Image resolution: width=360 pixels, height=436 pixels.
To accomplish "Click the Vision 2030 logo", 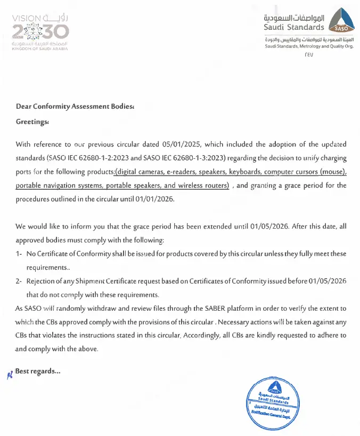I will (x=40, y=32).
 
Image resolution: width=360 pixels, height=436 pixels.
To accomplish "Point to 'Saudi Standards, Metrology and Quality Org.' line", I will (x=309, y=46).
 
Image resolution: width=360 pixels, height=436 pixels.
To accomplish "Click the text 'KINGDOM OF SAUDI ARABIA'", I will (x=40, y=48).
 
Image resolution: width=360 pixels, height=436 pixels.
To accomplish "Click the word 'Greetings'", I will (x=31, y=122).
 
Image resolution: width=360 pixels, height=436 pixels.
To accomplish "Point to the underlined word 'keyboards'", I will (x=241, y=172).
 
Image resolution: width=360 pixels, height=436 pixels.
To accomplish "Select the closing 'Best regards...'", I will (x=37, y=371).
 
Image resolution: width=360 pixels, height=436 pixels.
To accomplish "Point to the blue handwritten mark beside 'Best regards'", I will (x=9, y=374).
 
